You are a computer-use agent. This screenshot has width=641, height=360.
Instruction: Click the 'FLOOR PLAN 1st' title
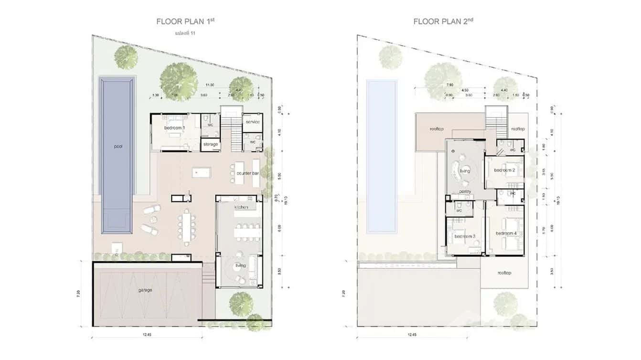click(183, 21)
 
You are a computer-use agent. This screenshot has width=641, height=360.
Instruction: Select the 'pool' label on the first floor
click(118, 147)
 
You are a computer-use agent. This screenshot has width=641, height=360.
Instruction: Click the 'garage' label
click(145, 290)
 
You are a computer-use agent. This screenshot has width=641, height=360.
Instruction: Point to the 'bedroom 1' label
click(175, 128)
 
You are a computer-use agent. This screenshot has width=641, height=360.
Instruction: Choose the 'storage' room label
click(210, 144)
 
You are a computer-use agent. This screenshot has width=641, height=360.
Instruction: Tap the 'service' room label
click(253, 122)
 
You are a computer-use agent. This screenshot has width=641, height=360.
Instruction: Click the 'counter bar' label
click(247, 173)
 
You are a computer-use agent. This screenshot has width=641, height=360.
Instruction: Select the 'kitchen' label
click(241, 207)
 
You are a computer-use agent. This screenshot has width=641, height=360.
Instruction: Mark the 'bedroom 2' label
click(504, 170)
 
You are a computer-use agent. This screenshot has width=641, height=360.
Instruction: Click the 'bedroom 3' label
click(464, 237)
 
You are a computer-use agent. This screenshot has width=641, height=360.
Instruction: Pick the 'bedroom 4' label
click(506, 233)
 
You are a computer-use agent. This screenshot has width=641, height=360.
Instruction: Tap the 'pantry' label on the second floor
click(465, 192)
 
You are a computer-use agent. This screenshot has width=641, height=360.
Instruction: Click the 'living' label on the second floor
click(464, 171)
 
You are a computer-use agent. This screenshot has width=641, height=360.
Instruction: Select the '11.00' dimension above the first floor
click(209, 85)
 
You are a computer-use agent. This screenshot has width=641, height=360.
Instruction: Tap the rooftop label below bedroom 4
click(504, 273)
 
